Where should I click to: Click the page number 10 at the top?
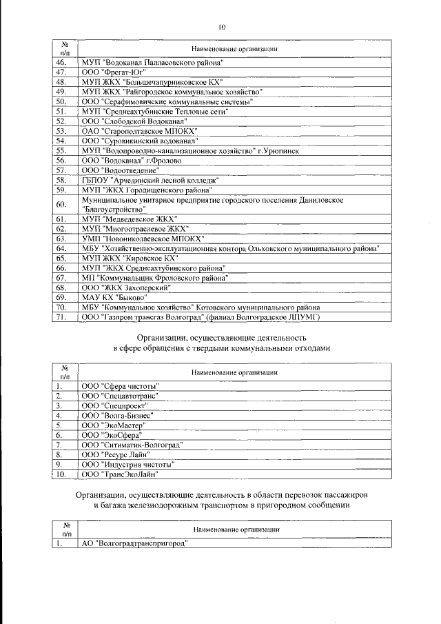point(221,27)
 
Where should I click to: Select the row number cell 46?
point(61,62)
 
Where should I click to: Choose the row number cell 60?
point(61,203)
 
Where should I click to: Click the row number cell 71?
point(61,316)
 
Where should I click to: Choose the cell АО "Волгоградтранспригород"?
point(135,543)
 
